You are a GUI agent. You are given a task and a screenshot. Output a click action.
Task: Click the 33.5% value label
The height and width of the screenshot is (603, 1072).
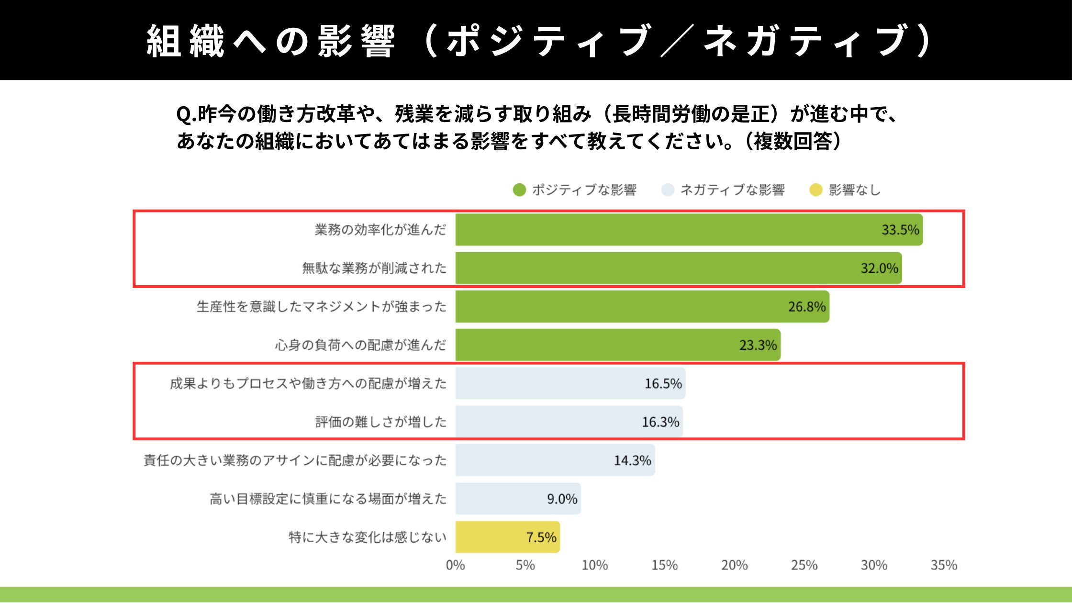pos(900,230)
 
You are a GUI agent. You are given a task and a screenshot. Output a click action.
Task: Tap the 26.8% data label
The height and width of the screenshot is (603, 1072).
pos(807,307)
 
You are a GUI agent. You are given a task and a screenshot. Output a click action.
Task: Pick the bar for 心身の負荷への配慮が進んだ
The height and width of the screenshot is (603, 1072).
pos(617,345)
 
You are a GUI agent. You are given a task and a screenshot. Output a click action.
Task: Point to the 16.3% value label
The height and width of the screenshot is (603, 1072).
pos(660,422)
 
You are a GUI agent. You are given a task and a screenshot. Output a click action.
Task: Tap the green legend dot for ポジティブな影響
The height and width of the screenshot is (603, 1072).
pos(519,190)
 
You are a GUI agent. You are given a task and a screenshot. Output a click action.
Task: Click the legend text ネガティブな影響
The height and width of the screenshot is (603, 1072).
pos(732,190)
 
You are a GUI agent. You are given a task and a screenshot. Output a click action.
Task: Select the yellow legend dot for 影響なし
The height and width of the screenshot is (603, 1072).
pos(815,190)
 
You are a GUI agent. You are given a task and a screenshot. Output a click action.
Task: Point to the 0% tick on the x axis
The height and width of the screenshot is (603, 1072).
pos(455,565)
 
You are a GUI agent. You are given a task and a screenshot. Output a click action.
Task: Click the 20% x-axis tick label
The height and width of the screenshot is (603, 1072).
pos(734,565)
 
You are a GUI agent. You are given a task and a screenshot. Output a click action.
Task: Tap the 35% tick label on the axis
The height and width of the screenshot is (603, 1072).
pos(944,565)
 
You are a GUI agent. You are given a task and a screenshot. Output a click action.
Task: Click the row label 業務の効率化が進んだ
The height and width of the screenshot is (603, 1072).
pos(380,230)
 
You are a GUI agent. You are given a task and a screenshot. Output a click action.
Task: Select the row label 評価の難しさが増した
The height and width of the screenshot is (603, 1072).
pos(380,422)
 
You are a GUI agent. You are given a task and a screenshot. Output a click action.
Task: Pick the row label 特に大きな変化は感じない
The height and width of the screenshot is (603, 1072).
pos(367,537)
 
